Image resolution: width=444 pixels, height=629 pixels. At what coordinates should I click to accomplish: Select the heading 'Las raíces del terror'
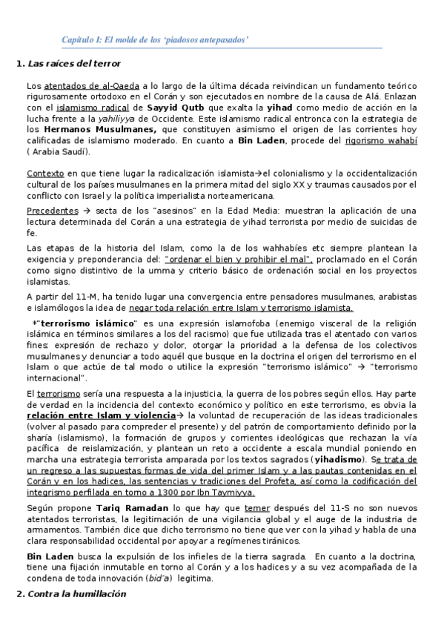tap(73, 64)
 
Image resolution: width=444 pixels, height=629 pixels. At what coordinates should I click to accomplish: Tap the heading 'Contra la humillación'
tap(76, 593)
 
